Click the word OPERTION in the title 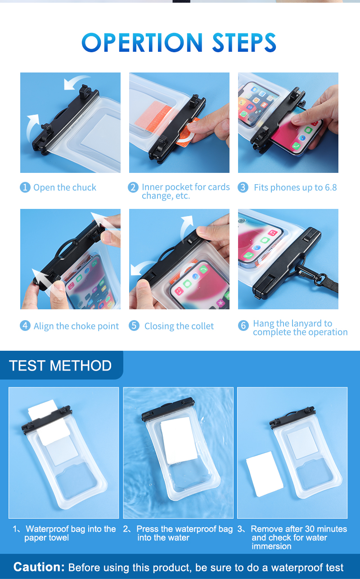click(142, 42)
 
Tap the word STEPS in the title click(244, 42)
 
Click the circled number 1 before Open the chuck click(25, 187)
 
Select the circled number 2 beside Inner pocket click(133, 187)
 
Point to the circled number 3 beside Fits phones click(243, 187)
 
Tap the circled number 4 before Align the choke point click(25, 326)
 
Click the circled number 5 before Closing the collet click(134, 326)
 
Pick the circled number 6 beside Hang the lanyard click(243, 326)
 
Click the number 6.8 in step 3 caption click(331, 188)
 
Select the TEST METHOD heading click(60, 366)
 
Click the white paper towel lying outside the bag click(265, 474)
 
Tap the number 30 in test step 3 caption click(310, 529)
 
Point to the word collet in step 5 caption click(202, 326)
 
